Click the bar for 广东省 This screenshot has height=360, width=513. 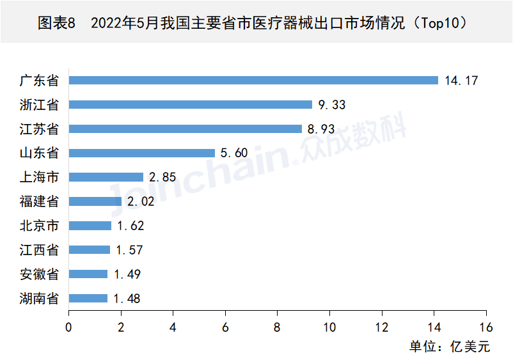pyautogui.click(x=253, y=81)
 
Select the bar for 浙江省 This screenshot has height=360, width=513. pyautogui.click(x=191, y=105)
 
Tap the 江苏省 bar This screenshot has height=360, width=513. pyautogui.click(x=185, y=129)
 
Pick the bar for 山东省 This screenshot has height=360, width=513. pyautogui.click(x=142, y=153)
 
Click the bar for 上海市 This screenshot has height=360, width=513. pyautogui.click(x=106, y=177)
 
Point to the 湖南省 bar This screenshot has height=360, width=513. pyautogui.click(x=88, y=298)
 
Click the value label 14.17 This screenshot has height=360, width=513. pyautogui.click(x=461, y=81)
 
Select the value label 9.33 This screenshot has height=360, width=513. pyautogui.click(x=331, y=105)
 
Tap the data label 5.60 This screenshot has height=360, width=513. pyautogui.click(x=233, y=153)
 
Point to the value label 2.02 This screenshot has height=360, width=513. pyautogui.click(x=140, y=201)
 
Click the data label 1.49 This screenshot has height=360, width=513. pyautogui.click(x=126, y=274)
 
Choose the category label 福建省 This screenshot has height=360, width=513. pyautogui.click(x=39, y=201)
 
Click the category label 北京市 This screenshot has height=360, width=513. pyautogui.click(x=39, y=226)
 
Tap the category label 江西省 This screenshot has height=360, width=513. pyautogui.click(x=39, y=250)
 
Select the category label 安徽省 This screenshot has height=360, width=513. pyautogui.click(x=39, y=274)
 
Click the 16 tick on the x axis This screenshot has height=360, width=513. pyautogui.click(x=487, y=327)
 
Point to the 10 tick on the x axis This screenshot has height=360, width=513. pyautogui.click(x=329, y=327)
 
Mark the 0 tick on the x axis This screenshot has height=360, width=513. pyautogui.click(x=68, y=327)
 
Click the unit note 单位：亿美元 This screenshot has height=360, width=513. pyautogui.click(x=449, y=347)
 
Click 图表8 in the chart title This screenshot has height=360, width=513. pyautogui.click(x=57, y=24)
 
